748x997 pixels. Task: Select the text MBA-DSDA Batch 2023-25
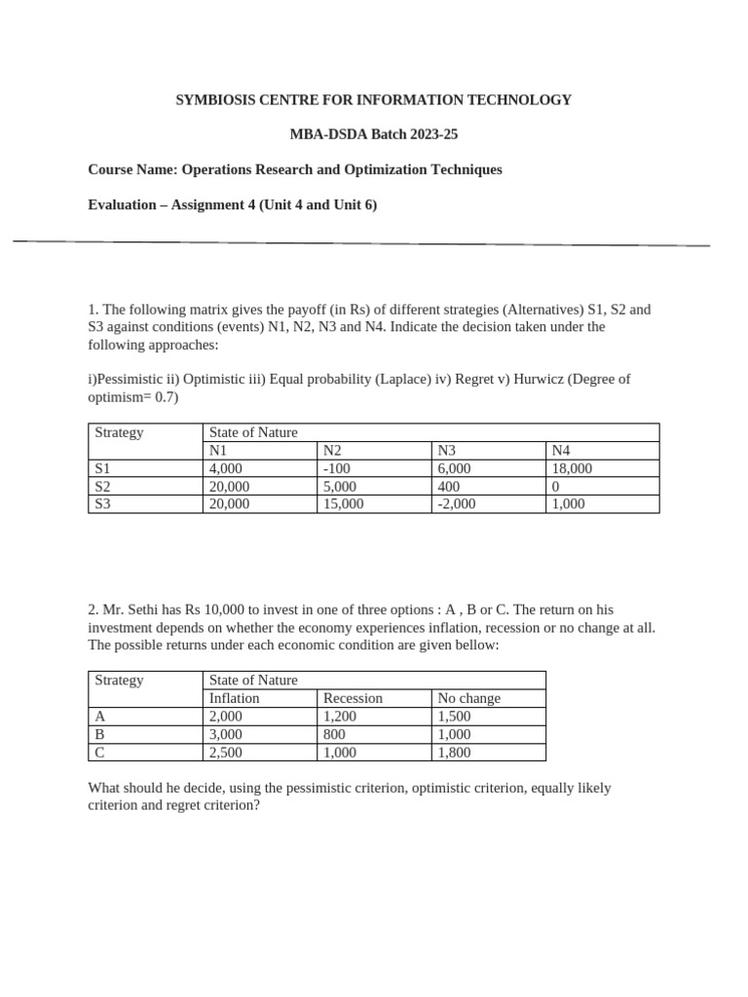(x=374, y=134)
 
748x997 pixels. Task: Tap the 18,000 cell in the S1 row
(x=572, y=468)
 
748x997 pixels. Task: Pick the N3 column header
(x=447, y=451)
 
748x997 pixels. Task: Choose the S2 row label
(x=102, y=486)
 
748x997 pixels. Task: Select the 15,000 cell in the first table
(x=343, y=503)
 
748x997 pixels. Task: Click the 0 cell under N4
(x=555, y=486)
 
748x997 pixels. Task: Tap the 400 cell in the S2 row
(x=449, y=486)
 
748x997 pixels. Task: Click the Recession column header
(x=353, y=698)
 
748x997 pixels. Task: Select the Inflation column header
(x=235, y=698)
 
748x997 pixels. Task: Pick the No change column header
(x=468, y=698)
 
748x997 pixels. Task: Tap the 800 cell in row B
(x=334, y=734)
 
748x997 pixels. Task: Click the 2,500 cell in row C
(x=226, y=752)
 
